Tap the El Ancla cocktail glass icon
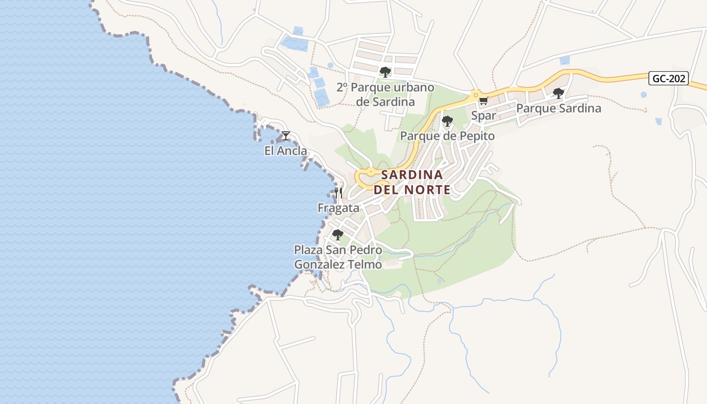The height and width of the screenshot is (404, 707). tap(286, 135)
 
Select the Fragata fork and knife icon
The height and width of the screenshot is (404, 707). tap(338, 192)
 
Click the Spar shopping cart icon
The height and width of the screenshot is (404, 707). tap(483, 100)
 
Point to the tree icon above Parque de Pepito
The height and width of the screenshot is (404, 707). tap(447, 121)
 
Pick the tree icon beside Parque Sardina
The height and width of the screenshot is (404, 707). tap(558, 93)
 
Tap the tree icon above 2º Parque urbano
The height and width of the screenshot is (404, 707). tap(385, 72)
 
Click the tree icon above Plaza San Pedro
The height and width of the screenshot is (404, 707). tap(338, 235)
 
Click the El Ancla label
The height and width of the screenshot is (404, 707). tap(286, 150)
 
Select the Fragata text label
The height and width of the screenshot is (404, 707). tap(338, 208)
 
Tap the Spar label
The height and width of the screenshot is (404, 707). tap(483, 116)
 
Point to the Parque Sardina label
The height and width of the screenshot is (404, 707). tap(559, 108)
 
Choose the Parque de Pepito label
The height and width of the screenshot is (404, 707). tap(447, 136)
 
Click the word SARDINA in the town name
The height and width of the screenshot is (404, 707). tap(412, 175)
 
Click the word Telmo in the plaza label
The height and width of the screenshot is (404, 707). tap(364, 264)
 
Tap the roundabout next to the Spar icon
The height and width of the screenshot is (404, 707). tap(475, 94)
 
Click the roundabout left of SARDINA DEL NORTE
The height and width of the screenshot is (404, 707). tap(371, 172)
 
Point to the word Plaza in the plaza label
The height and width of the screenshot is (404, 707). tap(308, 250)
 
